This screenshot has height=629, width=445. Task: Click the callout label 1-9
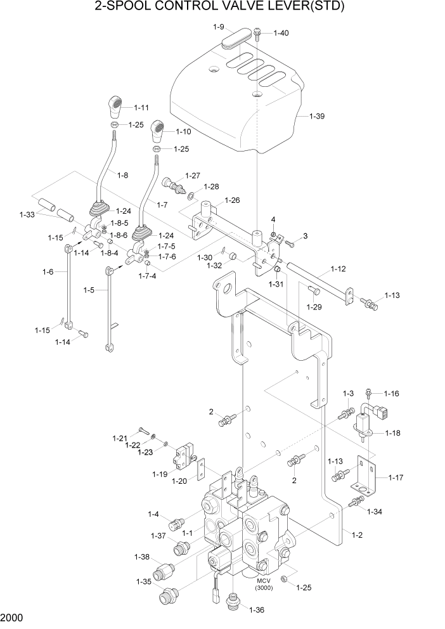pyautogui.click(x=218, y=27)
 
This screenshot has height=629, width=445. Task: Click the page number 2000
pyautogui.click(x=13, y=617)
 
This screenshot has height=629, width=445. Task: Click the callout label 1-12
pyautogui.click(x=339, y=269)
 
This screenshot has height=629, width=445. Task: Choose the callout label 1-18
pyautogui.click(x=392, y=434)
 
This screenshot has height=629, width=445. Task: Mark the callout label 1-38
pyautogui.click(x=141, y=557)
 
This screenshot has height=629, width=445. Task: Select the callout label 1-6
pyautogui.click(x=47, y=271)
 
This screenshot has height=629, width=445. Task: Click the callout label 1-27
pyautogui.click(x=193, y=176)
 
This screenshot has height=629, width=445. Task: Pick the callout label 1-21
pyautogui.click(x=120, y=438)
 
